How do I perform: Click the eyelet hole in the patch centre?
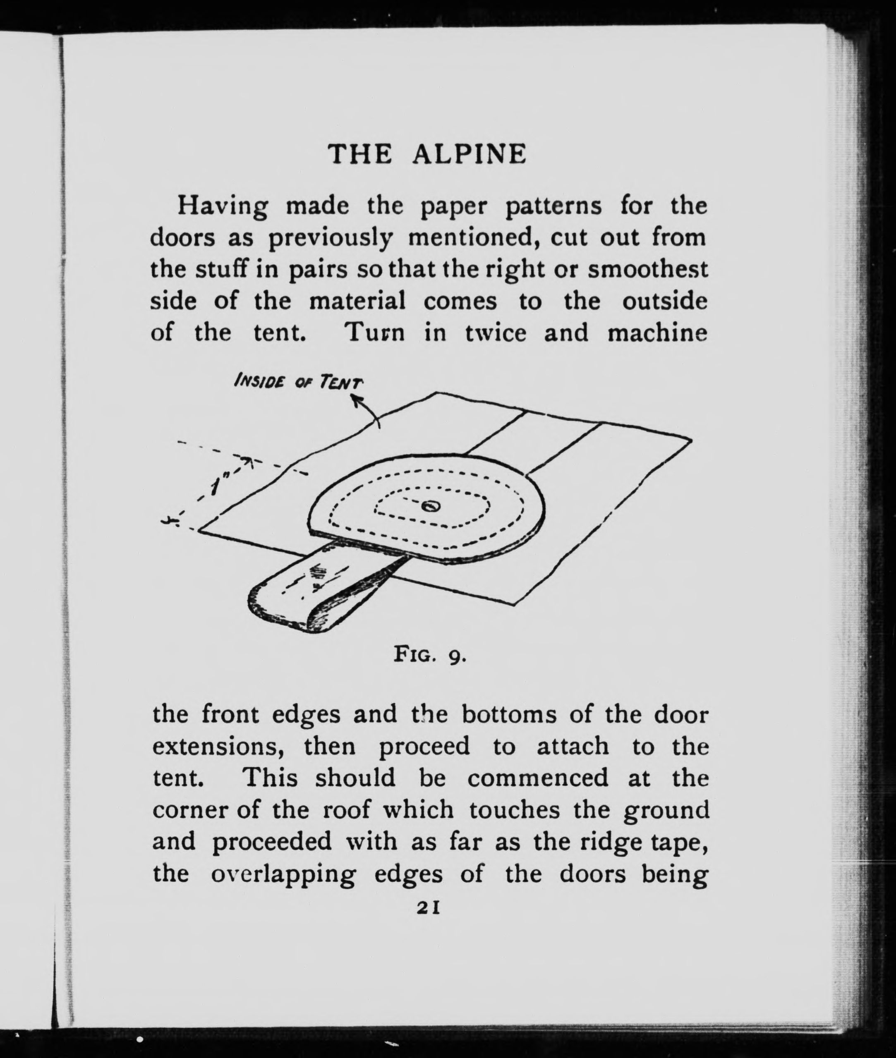click(x=431, y=505)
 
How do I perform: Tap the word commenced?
click(x=537, y=778)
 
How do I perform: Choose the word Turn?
click(x=374, y=333)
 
